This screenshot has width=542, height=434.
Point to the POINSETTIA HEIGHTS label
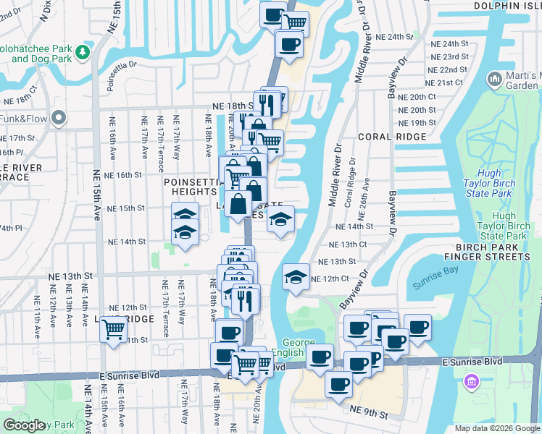point(191,187)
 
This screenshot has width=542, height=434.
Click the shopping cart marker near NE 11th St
point(114,330)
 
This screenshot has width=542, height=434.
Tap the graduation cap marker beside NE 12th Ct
point(296,278)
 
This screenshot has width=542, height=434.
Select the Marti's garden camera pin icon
point(496,77)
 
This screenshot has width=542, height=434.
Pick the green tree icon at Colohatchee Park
point(83,52)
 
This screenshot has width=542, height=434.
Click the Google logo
point(25,425)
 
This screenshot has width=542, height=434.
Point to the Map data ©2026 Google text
point(497,428)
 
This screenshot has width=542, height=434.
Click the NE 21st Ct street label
point(445,83)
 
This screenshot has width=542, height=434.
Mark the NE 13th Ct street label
point(344,245)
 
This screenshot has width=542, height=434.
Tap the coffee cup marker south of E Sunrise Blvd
point(338,384)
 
